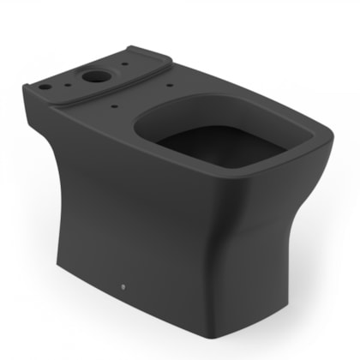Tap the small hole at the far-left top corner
41,86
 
